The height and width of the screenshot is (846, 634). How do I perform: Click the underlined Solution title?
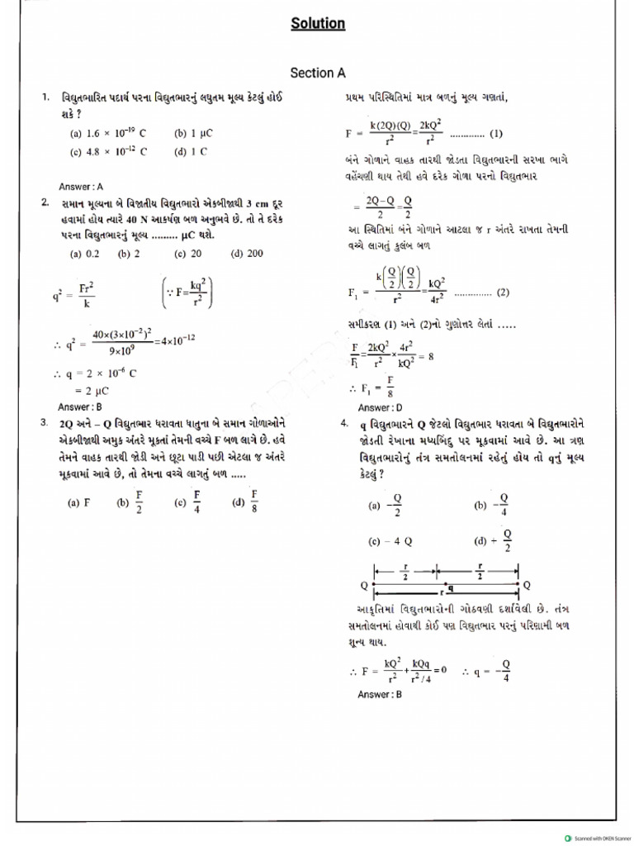[x=318, y=24]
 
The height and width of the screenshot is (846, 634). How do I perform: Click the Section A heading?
[x=318, y=73]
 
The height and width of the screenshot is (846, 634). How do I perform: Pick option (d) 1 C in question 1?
[x=191, y=151]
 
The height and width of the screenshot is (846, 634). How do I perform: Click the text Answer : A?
[x=81, y=187]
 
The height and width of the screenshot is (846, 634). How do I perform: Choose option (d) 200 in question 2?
[x=247, y=254]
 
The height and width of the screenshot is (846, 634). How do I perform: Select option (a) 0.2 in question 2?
[x=85, y=254]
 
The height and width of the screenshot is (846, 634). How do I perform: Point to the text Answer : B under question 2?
[x=80, y=406]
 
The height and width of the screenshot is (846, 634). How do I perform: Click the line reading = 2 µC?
[x=92, y=391]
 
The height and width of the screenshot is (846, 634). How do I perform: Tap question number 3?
[x=44, y=422]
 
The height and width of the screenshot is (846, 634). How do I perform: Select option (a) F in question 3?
[x=79, y=501]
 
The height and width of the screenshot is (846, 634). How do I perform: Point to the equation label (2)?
[x=503, y=292]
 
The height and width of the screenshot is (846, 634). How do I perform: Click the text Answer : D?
[x=381, y=407]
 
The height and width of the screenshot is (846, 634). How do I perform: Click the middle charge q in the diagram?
[x=451, y=588]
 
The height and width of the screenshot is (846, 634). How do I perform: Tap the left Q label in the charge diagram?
[x=363, y=585]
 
